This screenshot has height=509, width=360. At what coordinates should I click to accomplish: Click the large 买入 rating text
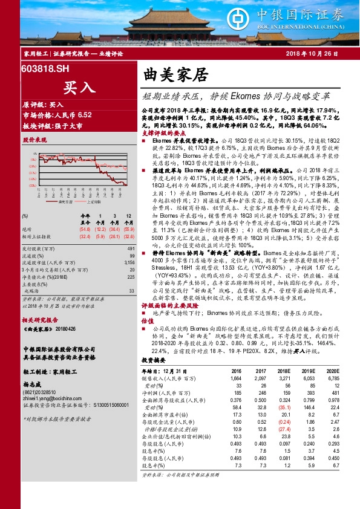point(79,87)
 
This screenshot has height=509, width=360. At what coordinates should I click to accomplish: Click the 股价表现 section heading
point(34,140)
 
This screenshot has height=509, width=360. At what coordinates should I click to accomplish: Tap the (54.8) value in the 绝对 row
point(85,229)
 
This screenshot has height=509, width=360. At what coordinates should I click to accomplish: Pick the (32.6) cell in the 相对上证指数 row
point(85,236)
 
